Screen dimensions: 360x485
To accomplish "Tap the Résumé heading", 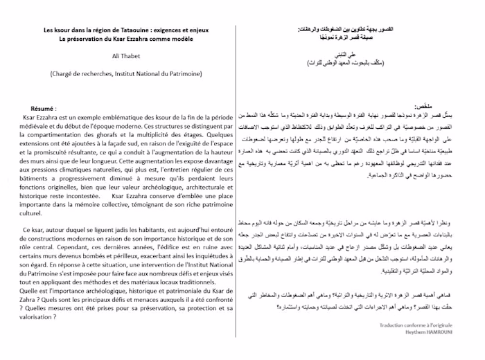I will pos(43,109).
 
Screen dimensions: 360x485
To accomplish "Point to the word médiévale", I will pos(42,128).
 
